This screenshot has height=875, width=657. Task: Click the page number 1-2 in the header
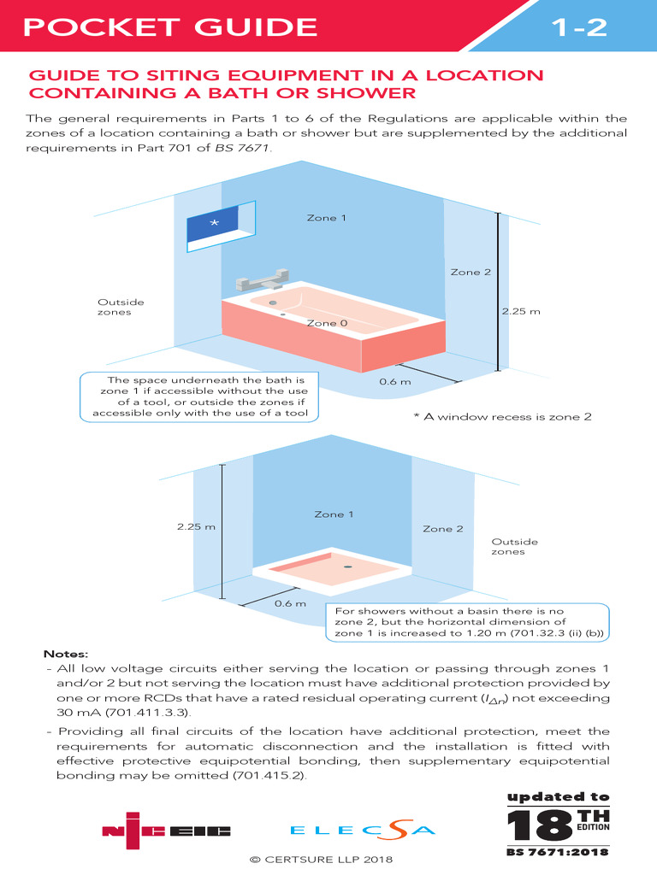(578, 27)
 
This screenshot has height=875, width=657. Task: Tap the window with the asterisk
(214, 224)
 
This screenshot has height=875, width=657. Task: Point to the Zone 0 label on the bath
(328, 323)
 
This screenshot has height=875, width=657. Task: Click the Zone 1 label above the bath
(327, 218)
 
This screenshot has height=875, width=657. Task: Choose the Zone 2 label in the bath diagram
(471, 272)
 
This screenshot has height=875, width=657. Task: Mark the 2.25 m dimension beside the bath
(521, 311)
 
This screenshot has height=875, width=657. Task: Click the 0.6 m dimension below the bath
(394, 381)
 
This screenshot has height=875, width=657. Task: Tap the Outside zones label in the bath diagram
(121, 308)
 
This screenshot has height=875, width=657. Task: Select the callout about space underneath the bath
(199, 396)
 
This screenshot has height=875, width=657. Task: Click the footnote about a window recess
(502, 417)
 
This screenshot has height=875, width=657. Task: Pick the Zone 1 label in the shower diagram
(334, 514)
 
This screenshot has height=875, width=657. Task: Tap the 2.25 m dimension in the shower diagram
(196, 526)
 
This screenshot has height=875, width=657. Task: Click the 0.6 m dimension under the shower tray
(290, 604)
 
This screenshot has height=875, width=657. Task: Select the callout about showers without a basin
(467, 623)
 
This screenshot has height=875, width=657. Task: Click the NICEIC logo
(166, 829)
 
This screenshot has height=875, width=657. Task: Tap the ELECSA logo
(363, 829)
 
